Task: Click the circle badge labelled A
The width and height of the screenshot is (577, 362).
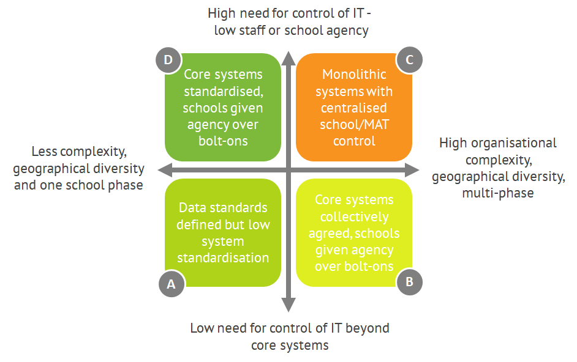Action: click(x=172, y=284)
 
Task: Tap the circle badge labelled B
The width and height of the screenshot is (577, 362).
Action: click(x=409, y=282)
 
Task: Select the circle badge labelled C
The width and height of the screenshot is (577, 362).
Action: click(x=409, y=60)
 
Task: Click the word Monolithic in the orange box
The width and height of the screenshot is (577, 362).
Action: click(x=354, y=75)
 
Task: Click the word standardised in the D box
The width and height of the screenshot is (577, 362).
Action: click(x=223, y=92)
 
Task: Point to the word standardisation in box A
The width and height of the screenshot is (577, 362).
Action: click(x=223, y=257)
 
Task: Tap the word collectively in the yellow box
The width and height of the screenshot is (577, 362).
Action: click(x=354, y=216)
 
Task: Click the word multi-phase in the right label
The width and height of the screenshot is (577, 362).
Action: click(x=499, y=193)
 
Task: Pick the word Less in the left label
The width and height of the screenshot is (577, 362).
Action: click(x=45, y=151)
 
